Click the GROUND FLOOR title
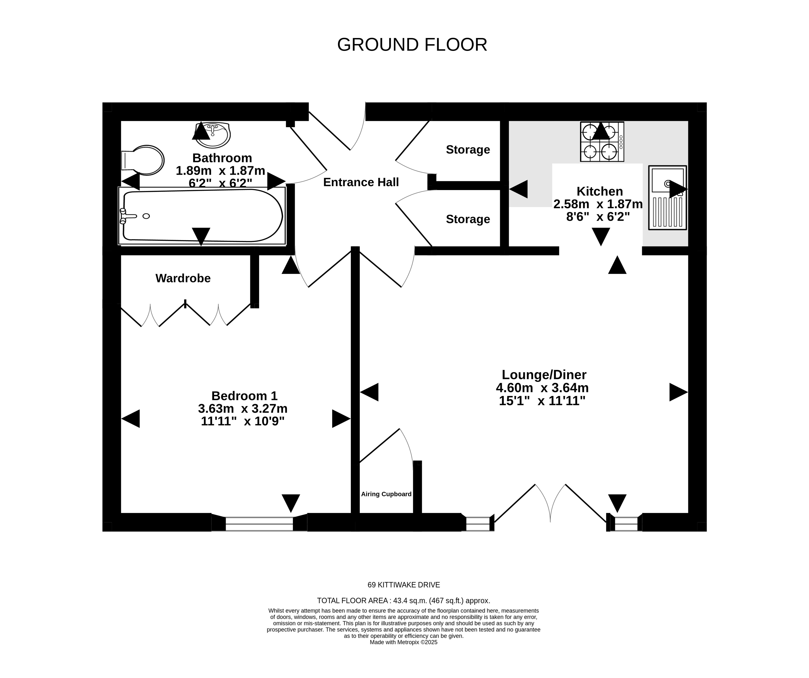[412, 45]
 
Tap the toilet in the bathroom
[143, 160]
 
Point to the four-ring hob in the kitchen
[602, 142]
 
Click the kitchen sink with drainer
[668, 197]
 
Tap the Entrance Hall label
[361, 182]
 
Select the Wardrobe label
[183, 278]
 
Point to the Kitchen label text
[600, 191]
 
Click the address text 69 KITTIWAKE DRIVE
[404, 585]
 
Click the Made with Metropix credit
[404, 642]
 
